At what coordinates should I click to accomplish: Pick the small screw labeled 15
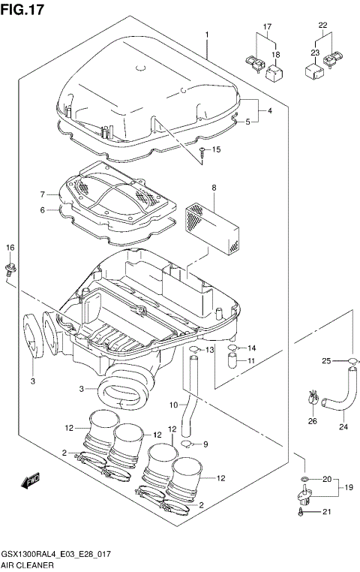[203, 155]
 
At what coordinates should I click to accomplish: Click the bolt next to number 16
[10, 269]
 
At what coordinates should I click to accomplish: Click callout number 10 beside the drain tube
[172, 405]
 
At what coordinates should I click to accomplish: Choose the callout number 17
[265, 28]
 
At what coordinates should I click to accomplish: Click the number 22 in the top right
[323, 25]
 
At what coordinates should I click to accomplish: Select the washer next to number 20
[303, 478]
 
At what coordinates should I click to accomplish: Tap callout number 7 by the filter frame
[44, 194]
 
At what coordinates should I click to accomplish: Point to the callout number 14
[251, 348]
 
